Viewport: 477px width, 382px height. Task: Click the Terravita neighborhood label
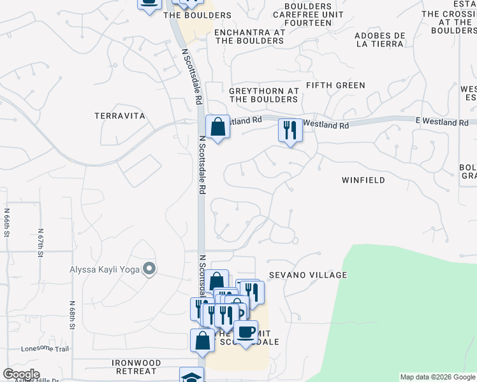point(120,116)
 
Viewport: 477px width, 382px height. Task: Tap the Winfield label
point(363,180)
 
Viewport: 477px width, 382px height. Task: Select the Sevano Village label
point(307,275)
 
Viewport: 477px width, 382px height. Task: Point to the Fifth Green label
point(335,85)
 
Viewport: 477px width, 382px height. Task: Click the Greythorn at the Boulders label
point(264,95)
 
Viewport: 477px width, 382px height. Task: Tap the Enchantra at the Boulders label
point(249,36)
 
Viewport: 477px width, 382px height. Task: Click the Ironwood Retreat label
point(134,367)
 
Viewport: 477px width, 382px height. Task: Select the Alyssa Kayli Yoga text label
point(104,269)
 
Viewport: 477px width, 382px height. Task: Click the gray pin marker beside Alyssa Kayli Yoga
point(149,269)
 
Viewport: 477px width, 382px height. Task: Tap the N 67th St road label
point(40,244)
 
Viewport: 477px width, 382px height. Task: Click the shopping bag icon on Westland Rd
point(217,127)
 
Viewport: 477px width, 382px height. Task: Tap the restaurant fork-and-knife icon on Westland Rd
point(290,131)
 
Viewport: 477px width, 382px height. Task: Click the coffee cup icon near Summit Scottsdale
point(246,332)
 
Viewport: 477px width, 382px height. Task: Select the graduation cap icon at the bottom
point(191,376)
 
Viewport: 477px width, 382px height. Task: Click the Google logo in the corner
point(21,374)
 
